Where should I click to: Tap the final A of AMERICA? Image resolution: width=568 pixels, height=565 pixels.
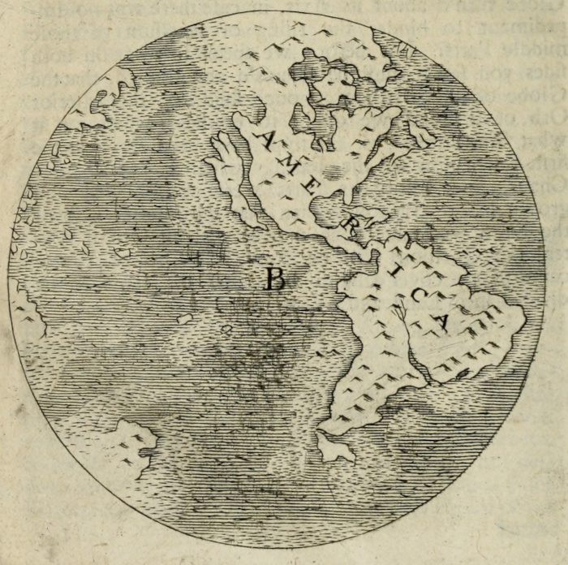[441, 319]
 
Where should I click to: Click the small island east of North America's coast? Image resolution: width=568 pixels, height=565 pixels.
[420, 133]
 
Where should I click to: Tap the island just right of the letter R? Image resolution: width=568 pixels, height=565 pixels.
[372, 216]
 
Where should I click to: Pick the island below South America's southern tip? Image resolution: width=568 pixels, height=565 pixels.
[333, 447]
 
